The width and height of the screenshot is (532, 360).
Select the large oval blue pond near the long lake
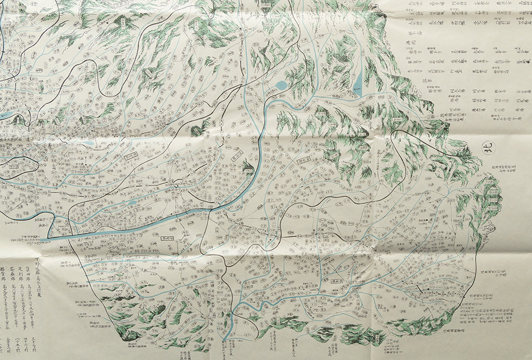tap(280, 85)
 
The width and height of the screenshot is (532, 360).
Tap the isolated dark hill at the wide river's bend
tap(248, 167)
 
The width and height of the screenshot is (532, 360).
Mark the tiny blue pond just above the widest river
tap(130, 203)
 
